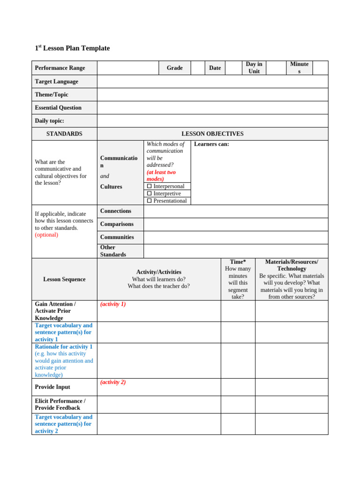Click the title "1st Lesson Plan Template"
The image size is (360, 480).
point(72,48)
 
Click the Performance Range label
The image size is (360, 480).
point(60,68)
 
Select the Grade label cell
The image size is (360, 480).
point(174,68)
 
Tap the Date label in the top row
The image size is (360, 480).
point(215,68)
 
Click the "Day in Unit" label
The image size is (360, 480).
point(254,67)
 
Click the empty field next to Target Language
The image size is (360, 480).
point(212,82)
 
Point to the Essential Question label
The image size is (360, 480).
point(58,108)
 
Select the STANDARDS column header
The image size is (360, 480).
point(64,134)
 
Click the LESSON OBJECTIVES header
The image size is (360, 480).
point(212,134)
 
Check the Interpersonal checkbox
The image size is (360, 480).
point(150,187)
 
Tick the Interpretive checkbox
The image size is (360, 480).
point(150,194)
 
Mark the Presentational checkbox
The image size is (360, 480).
point(150,201)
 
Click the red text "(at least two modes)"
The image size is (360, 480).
point(161,175)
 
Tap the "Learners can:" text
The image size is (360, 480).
point(211,144)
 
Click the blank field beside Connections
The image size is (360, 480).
point(236,211)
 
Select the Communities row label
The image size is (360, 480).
point(117,237)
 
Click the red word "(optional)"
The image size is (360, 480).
point(46,235)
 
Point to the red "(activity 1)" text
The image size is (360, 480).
point(113,304)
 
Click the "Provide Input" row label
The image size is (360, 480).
point(52,387)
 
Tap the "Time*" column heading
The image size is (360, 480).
point(238,262)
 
